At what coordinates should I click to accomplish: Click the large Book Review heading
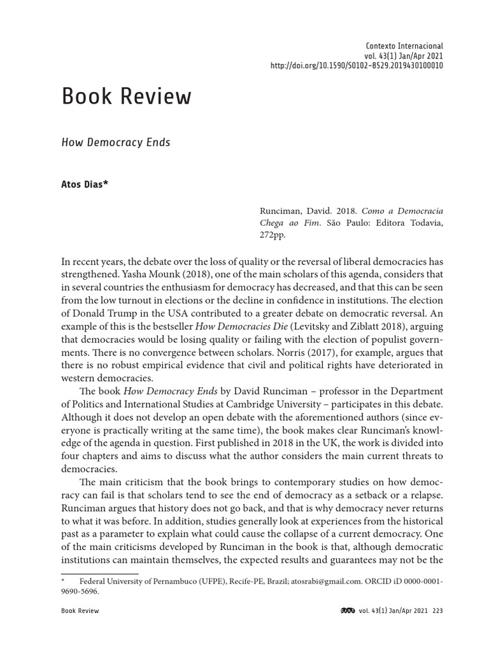(x=126, y=97)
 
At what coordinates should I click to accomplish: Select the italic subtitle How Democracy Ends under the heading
(x=115, y=142)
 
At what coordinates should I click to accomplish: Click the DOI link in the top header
(x=357, y=65)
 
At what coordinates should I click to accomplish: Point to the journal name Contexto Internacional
(x=404, y=46)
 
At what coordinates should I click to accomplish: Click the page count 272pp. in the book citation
(x=273, y=235)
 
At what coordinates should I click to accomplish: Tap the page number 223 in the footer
(x=437, y=611)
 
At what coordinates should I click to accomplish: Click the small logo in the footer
(x=348, y=611)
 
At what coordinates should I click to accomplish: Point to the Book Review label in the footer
(x=80, y=611)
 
